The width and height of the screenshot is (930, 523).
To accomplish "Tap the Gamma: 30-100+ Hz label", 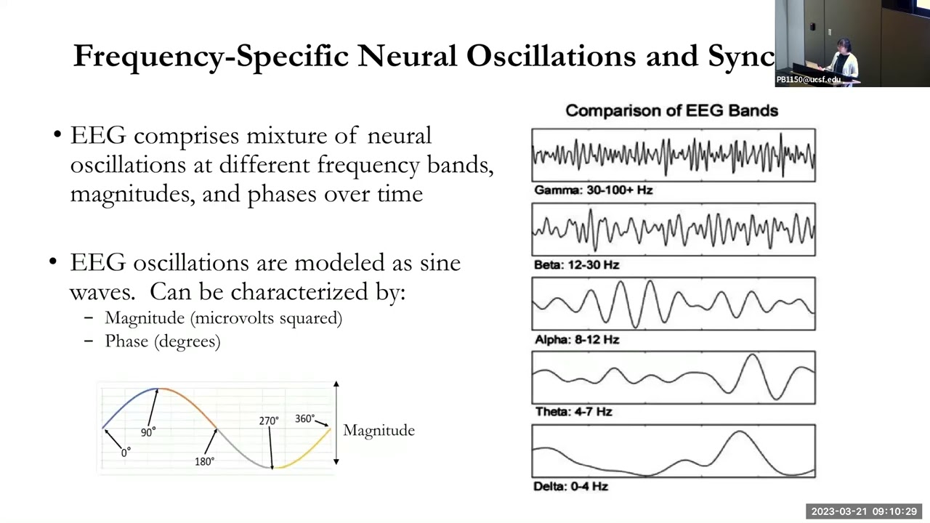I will click(x=593, y=190).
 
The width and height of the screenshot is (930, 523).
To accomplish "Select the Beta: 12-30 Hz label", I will click(x=576, y=265).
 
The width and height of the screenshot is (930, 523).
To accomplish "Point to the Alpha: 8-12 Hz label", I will click(x=576, y=339).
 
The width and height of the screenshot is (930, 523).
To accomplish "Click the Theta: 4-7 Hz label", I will click(x=573, y=412).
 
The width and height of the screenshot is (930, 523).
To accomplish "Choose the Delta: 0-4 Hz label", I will click(x=570, y=487).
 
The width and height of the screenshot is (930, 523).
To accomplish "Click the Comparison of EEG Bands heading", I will click(x=671, y=110).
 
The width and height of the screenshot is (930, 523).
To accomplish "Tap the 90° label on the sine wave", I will click(x=148, y=432).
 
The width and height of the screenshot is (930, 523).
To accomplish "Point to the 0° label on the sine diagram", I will click(x=126, y=452).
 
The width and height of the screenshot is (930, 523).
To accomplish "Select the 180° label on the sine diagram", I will click(x=204, y=461).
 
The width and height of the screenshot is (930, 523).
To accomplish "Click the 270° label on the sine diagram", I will click(x=268, y=421).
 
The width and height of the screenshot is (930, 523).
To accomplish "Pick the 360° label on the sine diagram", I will click(x=304, y=419).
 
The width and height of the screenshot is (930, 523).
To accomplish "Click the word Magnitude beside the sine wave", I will click(x=379, y=431).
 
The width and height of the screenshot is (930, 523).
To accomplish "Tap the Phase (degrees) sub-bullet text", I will click(x=162, y=341).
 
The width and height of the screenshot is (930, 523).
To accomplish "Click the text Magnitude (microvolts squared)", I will click(x=223, y=318).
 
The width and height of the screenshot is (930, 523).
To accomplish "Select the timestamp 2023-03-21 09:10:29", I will click(x=864, y=511).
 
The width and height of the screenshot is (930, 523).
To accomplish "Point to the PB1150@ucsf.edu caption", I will click(x=808, y=80).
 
